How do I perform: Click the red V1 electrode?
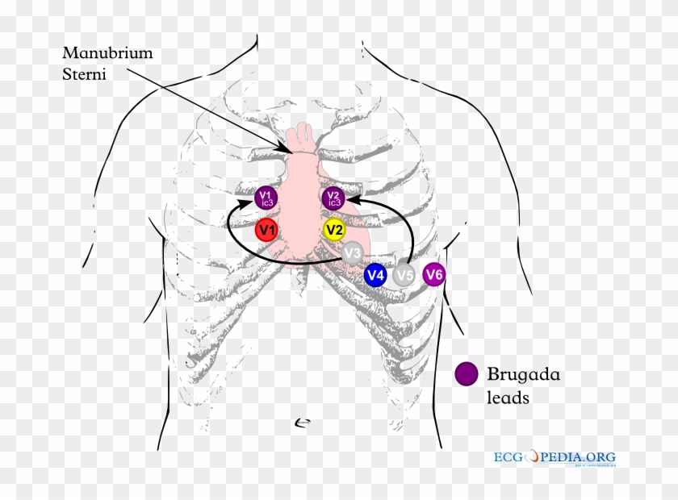coord(266,231)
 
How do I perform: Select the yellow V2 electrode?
coord(334,230)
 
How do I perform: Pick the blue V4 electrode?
coord(375,276)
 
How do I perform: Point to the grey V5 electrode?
coord(405,276)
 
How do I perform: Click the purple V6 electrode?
coord(434,275)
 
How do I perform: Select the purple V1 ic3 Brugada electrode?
coord(266,198)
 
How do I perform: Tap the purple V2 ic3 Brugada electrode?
coord(333,198)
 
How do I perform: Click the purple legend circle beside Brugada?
coord(466,374)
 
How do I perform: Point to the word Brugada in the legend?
coord(522,374)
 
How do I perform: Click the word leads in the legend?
coord(508,398)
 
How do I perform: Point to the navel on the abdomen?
coord(303,421)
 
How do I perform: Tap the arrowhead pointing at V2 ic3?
coord(351,198)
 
